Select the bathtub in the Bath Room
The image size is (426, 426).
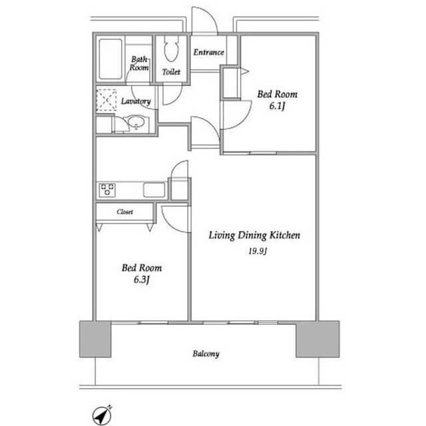click(110, 59)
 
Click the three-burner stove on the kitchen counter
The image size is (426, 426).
click(107, 190)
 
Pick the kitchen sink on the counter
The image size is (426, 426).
click(154, 189)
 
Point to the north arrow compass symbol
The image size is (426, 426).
click(102, 415)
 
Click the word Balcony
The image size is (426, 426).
click(206, 353)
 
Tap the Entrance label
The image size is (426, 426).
click(208, 52)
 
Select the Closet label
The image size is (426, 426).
click(125, 212)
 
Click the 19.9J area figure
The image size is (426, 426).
click(258, 251)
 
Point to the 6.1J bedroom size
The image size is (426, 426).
click(277, 106)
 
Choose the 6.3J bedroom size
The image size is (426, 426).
click(142, 280)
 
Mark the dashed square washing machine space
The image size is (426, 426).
click(106, 100)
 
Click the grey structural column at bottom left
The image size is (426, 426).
click(95, 339)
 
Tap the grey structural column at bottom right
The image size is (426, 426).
click(318, 339)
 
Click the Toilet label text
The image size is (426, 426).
click(171, 72)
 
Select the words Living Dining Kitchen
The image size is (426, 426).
click(254, 235)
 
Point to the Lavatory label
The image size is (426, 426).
click(136, 101)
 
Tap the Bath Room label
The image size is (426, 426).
click(139, 63)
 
